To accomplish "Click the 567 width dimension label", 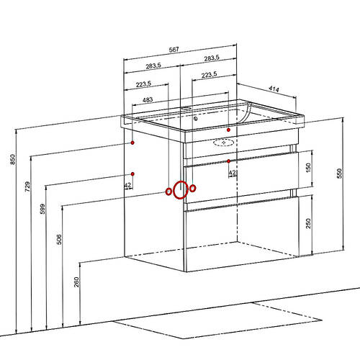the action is click(174, 50).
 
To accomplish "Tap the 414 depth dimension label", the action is click(274, 89).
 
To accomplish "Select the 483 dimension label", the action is click(148, 99).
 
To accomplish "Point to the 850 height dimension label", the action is click(12, 159).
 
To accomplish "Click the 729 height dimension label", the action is click(27, 186).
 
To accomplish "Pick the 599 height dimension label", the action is click(42, 209).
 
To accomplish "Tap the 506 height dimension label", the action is click(59, 240).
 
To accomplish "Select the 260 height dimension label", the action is click(76, 282).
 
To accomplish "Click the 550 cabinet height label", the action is click(339, 174).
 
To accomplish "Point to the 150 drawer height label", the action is click(308, 168).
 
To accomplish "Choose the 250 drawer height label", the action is click(308, 223).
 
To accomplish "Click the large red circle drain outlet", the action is click(181, 190).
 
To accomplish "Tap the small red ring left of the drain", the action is click(168, 192).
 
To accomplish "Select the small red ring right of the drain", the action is click(192, 188).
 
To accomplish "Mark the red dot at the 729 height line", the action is click(132, 143).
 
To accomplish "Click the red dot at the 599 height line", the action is click(132, 174).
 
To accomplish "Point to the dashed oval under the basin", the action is click(224, 143).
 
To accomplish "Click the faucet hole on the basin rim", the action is click(186, 108).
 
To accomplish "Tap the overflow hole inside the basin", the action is click(196, 118).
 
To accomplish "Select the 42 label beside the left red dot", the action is click(128, 185).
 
